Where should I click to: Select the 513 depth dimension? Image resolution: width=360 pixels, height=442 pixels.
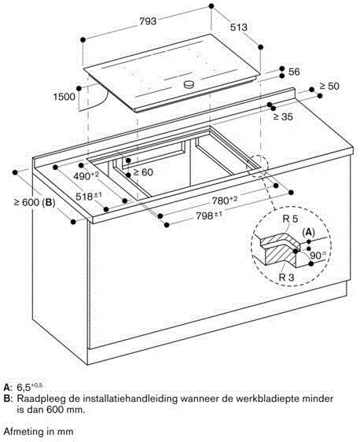point(238,28)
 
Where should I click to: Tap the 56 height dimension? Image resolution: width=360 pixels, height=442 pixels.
point(294,72)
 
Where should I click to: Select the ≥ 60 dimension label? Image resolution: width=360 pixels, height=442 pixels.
point(143,171)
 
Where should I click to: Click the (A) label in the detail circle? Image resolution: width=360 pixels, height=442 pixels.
point(308,232)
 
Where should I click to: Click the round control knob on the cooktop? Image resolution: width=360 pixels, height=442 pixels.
point(189,84)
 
